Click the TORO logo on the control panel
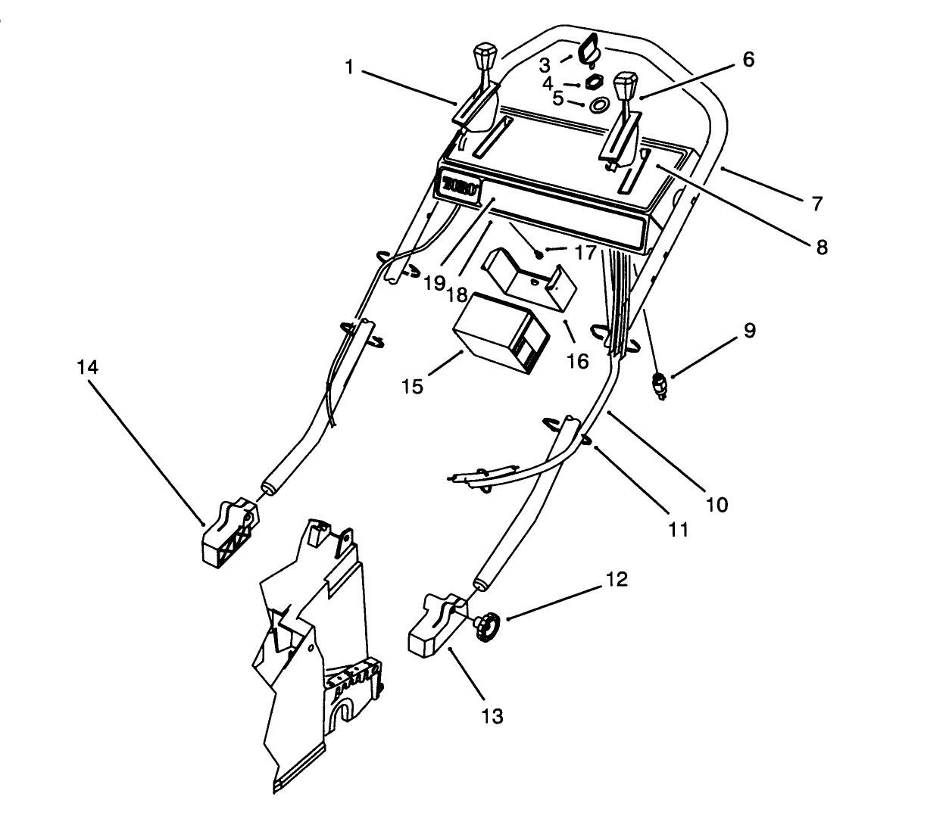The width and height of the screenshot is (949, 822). pyautogui.click(x=459, y=186)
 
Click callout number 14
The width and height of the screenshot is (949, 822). pyautogui.click(x=87, y=368)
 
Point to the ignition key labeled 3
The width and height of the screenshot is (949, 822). pyautogui.click(x=588, y=51)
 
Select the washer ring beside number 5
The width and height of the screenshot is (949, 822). pyautogui.click(x=599, y=104)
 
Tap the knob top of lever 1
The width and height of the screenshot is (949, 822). pyautogui.click(x=485, y=58)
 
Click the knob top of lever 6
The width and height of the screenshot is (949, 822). pyautogui.click(x=625, y=86)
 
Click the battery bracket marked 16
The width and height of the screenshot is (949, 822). pyautogui.click(x=530, y=280)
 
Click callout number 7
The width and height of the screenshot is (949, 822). pyautogui.click(x=816, y=204)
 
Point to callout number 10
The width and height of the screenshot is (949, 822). pyautogui.click(x=716, y=504)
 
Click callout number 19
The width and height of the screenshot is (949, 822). pyautogui.click(x=434, y=282)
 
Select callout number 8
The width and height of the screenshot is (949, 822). pyautogui.click(x=821, y=247)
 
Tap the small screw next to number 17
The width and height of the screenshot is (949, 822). pyautogui.click(x=537, y=252)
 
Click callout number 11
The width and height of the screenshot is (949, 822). pyautogui.click(x=679, y=529)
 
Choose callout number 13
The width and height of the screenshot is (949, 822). pyautogui.click(x=492, y=715)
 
